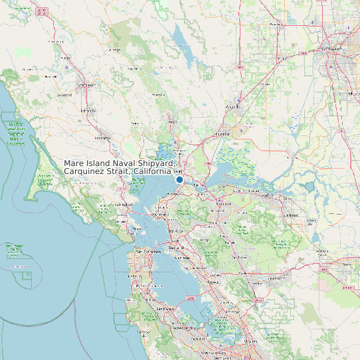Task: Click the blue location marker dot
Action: coord(179,179)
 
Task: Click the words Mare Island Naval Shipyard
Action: coord(120,163)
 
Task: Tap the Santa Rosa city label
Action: coord(84,86)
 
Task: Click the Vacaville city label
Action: coord(233,106)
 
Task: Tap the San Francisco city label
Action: coord(148,252)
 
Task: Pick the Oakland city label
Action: coord(177,247)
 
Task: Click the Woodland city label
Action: coord(274,25)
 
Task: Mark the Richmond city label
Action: coord(161,215)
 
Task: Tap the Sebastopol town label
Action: coord(64,95)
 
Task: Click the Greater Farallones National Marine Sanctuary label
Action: coord(14,133)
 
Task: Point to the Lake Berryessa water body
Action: coord(178,40)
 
